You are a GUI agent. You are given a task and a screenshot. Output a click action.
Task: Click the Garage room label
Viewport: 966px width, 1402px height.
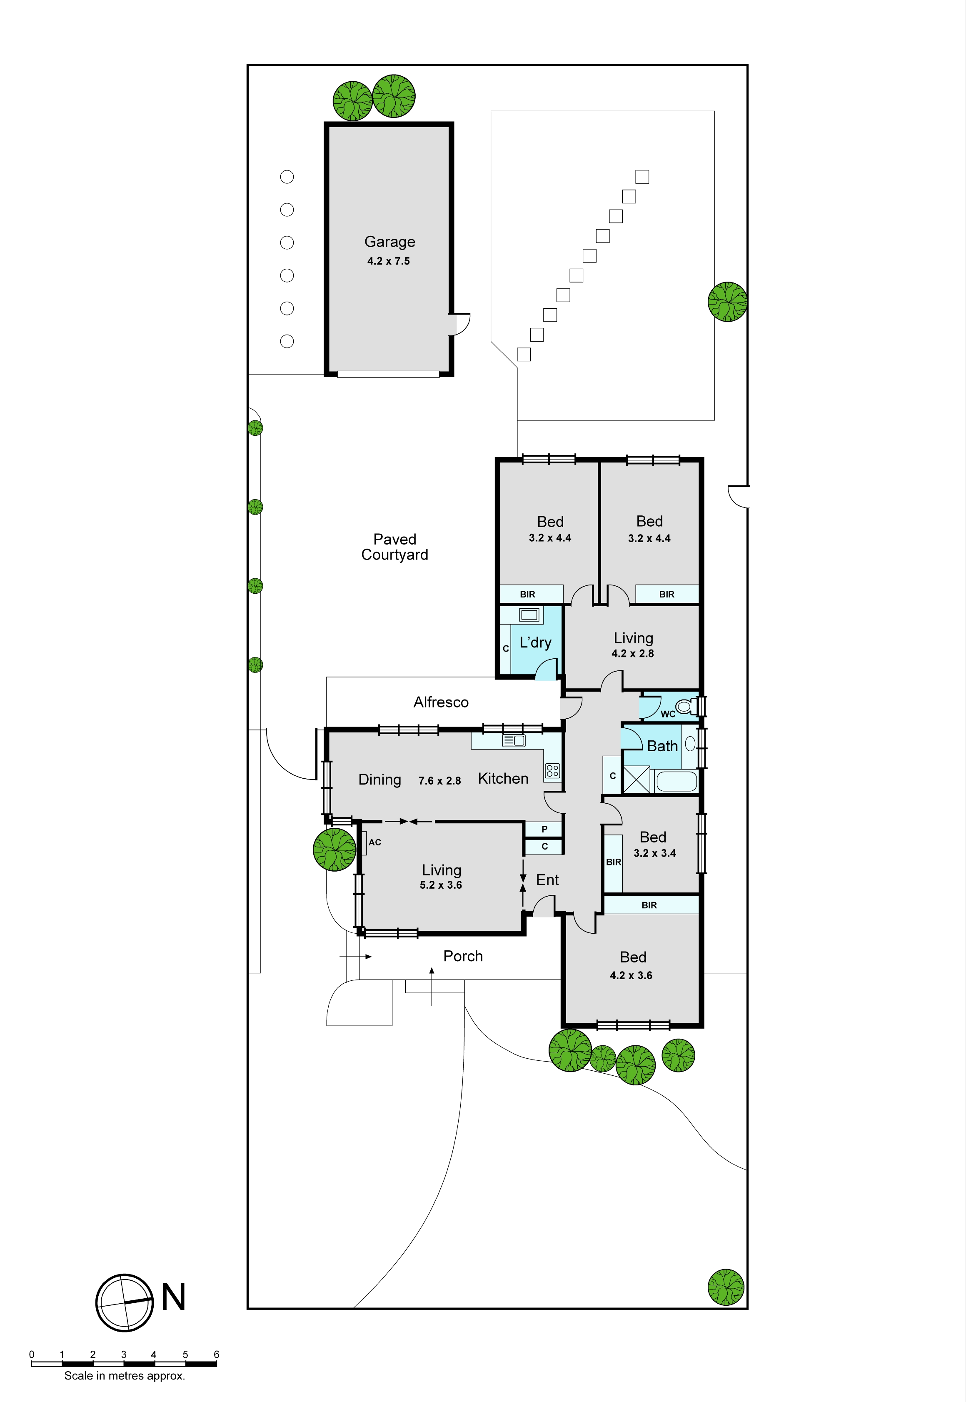(x=390, y=242)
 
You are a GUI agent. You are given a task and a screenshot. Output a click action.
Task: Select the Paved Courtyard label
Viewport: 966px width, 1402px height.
(x=394, y=547)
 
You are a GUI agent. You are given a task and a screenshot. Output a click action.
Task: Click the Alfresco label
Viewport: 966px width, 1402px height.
(x=441, y=702)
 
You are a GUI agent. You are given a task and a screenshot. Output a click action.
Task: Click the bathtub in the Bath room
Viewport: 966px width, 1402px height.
(x=676, y=781)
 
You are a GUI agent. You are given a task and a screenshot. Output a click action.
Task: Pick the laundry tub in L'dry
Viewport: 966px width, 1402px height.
(x=529, y=615)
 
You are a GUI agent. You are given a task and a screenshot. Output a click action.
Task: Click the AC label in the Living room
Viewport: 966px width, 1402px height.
(x=374, y=842)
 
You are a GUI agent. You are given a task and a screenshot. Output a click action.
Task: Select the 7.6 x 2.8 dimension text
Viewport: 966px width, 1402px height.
(x=439, y=781)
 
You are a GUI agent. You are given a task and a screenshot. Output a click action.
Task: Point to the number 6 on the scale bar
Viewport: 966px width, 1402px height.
(x=216, y=1354)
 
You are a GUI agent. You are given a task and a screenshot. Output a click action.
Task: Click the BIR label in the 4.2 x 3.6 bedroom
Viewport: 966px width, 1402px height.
(x=649, y=905)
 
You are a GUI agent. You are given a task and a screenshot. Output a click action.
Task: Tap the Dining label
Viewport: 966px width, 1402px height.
(x=379, y=780)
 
